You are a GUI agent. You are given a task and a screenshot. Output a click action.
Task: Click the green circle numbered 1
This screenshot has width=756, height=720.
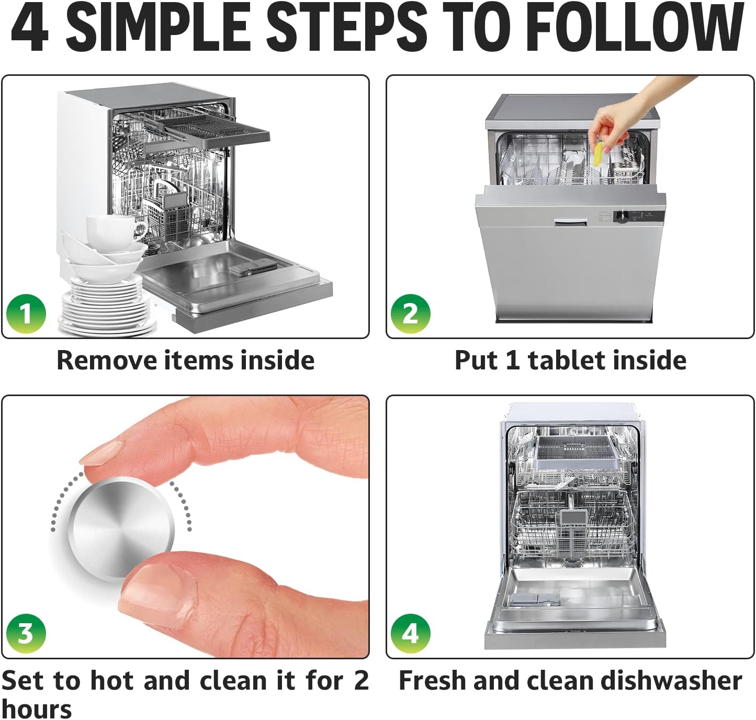coord(26,313)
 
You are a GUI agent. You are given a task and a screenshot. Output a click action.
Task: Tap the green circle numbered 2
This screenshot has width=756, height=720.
coord(410,313)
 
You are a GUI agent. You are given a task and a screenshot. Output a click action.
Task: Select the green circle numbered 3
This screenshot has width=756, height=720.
coord(26,633)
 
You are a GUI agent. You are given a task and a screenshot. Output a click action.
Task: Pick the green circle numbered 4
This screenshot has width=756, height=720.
coord(410,633)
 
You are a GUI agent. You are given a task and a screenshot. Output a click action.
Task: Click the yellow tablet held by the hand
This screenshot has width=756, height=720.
coord(597,155)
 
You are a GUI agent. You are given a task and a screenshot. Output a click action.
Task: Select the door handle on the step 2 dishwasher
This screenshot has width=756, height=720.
coord(570,223)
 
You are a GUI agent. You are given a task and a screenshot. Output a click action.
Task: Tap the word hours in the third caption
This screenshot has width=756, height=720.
coord(37,709)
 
